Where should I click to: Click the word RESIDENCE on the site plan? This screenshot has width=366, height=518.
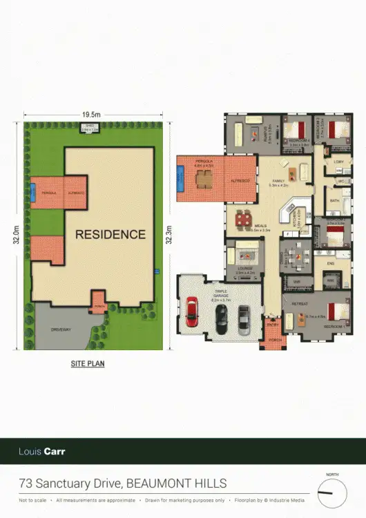(110, 234)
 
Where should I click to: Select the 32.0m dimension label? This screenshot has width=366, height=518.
(16, 233)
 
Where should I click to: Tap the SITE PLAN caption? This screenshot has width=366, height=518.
(88, 362)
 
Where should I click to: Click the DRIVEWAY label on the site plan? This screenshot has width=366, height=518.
(61, 330)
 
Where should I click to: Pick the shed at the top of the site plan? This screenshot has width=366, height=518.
(90, 127)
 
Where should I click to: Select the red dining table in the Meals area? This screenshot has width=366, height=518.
(244, 220)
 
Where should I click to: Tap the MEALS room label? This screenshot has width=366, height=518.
(261, 225)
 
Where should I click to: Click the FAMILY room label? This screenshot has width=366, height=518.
(278, 182)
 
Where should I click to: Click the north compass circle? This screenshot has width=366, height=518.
(331, 494)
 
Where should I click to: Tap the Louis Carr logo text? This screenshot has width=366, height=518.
(41, 452)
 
